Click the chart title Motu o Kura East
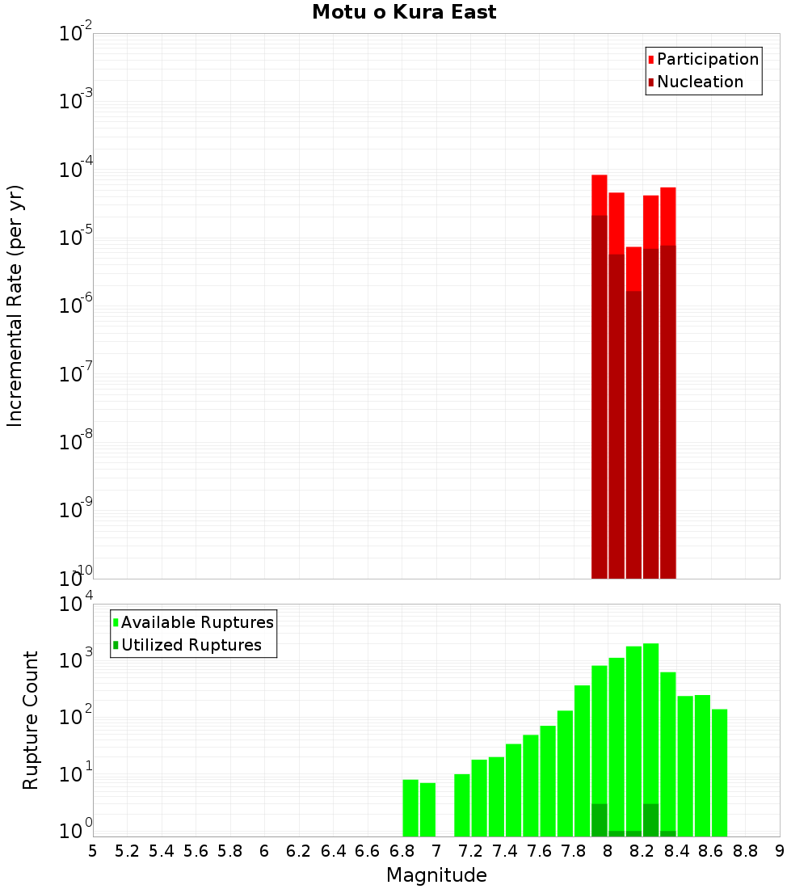[404, 12]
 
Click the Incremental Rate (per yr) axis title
[15, 305]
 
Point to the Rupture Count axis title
[31, 719]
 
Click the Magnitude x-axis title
[436, 875]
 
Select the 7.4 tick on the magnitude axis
[505, 851]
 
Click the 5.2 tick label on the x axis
[127, 851]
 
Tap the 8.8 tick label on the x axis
[745, 851]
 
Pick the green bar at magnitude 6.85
[410, 807]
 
